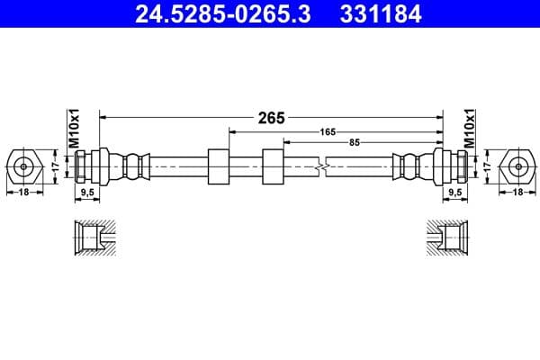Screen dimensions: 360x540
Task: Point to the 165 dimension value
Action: point(328,131)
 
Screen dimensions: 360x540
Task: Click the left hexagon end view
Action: point(23,166)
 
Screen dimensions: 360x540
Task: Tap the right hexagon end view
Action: point(518,166)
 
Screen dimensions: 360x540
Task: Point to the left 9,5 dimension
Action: point(88,192)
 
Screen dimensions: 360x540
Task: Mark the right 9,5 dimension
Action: point(454,192)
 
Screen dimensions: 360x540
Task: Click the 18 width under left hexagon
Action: point(23,192)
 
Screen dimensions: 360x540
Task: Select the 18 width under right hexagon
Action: point(518,192)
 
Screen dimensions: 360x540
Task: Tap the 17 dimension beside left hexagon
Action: point(54,166)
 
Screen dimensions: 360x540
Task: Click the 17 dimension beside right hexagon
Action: point(488,166)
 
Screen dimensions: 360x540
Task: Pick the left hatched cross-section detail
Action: point(94,238)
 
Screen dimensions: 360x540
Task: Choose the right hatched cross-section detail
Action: point(448,238)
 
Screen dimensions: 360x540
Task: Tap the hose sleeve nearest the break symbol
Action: point(273,166)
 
